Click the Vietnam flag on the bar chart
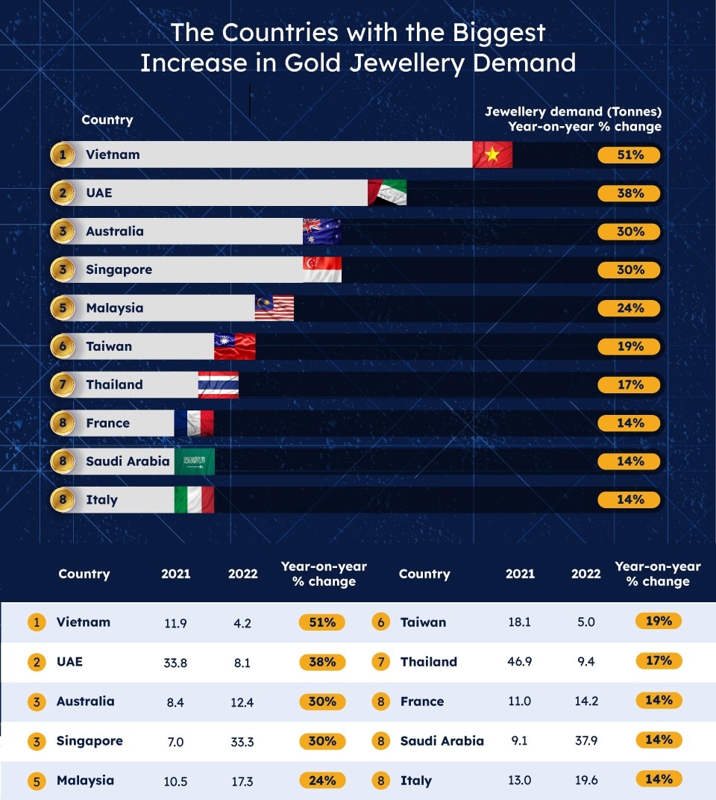tap(492, 154)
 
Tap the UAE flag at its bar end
tap(387, 193)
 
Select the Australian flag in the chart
tap(322, 231)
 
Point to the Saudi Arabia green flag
tap(195, 461)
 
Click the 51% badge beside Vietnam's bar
tap(629, 155)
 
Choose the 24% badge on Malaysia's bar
tap(629, 308)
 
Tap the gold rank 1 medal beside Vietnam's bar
tap(63, 155)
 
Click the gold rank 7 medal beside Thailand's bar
tap(63, 385)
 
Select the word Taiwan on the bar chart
tap(109, 346)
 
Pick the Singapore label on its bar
tap(119, 269)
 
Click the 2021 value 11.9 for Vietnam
tap(175, 622)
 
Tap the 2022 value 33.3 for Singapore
tap(242, 741)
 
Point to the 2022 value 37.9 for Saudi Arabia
tap(585, 741)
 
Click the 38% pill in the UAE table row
tap(321, 662)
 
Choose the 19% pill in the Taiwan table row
tap(659, 621)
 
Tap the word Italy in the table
tap(415, 781)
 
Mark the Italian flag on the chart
tap(195, 499)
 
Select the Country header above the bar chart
tap(107, 120)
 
